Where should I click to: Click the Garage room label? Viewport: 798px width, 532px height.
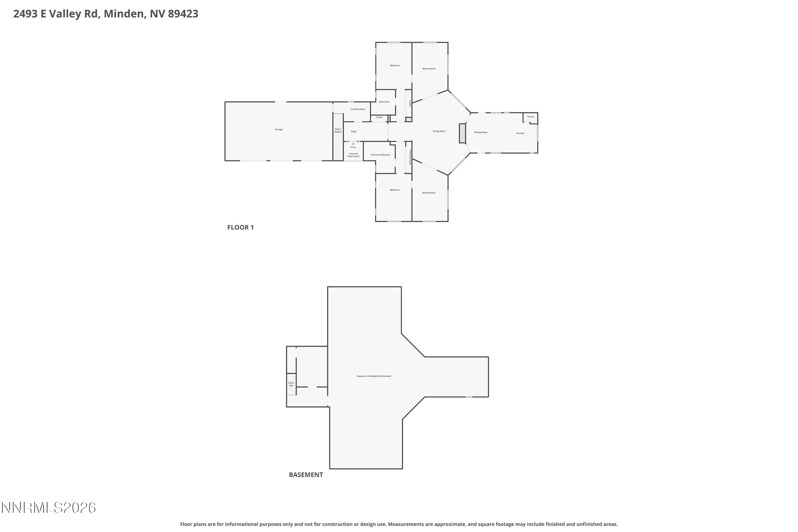coord(279,130)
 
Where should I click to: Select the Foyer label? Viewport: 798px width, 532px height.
coord(354,132)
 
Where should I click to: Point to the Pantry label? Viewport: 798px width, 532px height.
coord(530,117)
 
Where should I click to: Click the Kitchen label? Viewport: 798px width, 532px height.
coord(520,133)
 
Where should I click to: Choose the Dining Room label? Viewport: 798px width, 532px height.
coord(481,132)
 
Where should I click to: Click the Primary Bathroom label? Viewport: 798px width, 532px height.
coord(380,155)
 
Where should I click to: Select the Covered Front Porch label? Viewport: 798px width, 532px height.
coord(353,155)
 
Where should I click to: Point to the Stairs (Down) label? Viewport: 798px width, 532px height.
coord(338,130)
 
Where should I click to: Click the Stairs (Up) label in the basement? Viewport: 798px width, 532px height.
coord(291,384)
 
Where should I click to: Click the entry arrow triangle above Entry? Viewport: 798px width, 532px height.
coord(353,144)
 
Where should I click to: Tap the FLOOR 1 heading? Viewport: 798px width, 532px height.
coord(240,228)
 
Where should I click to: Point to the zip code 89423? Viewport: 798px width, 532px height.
coord(183,14)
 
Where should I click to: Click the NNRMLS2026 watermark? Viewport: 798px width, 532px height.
coord(49,508)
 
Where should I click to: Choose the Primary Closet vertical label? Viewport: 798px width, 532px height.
coord(410,157)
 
